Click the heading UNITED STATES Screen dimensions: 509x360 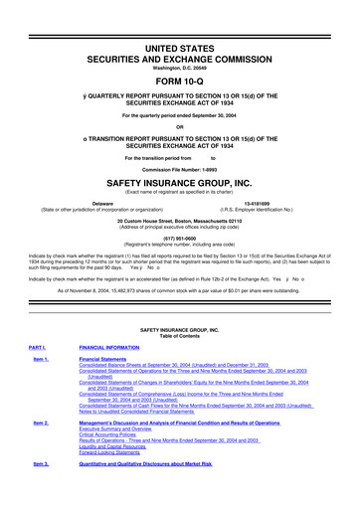tap(179, 21)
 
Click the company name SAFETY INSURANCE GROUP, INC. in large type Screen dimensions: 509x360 tap(179, 184)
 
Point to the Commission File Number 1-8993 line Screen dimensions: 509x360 tap(179, 170)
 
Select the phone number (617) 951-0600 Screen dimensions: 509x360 tap(179, 238)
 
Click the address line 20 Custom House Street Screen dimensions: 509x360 tap(179, 220)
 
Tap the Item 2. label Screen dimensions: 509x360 tap(40, 450)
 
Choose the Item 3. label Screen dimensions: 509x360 tap(40, 491)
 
